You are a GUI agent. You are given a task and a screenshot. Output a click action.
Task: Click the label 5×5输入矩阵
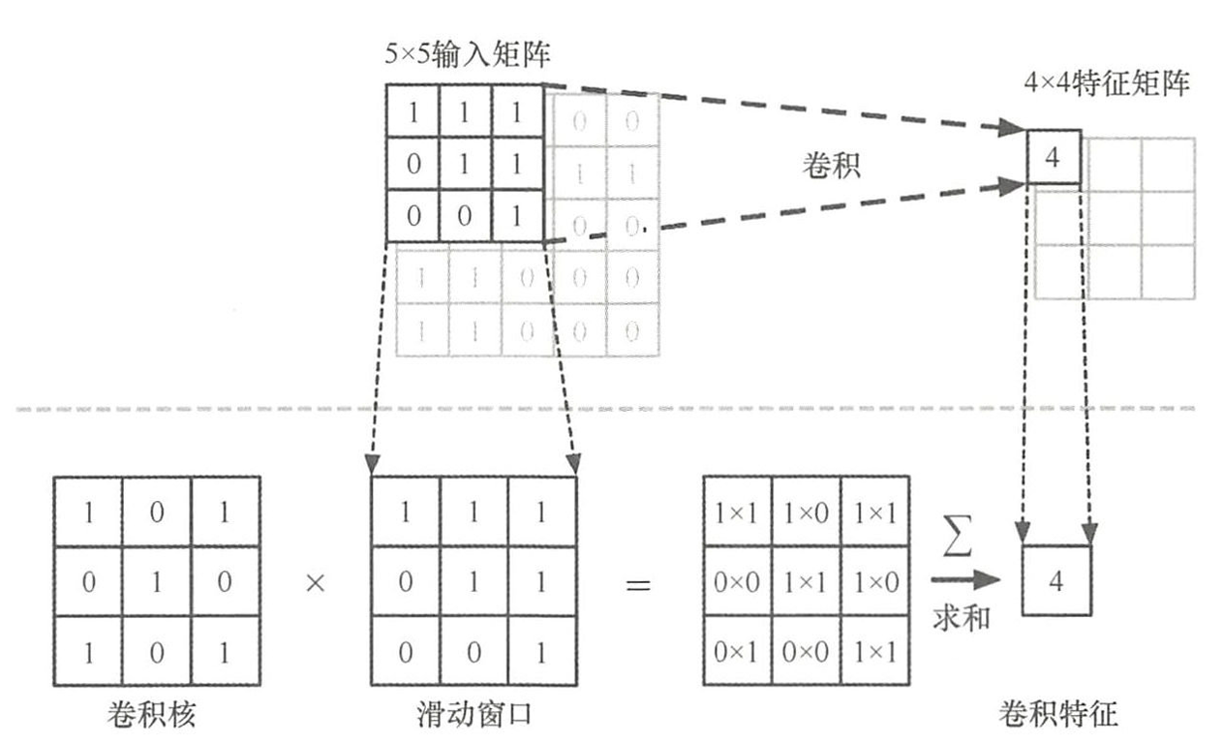(467, 55)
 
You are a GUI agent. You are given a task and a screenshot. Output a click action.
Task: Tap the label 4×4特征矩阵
(1107, 82)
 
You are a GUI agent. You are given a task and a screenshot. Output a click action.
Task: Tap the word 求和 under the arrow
(961, 617)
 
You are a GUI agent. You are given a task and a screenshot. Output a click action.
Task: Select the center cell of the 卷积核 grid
(157, 581)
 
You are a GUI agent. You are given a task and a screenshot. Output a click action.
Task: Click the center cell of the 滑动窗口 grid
(474, 581)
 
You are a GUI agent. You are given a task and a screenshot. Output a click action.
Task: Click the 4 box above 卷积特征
(1056, 581)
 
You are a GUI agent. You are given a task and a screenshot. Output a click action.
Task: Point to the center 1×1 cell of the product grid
(806, 581)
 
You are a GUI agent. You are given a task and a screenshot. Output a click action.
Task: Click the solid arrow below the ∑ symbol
(963, 580)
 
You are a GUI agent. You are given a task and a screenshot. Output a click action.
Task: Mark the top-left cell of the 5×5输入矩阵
(413, 112)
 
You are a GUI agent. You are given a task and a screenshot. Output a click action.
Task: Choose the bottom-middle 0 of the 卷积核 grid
(157, 651)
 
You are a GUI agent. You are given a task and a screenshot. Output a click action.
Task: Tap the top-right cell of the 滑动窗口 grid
(541, 511)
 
